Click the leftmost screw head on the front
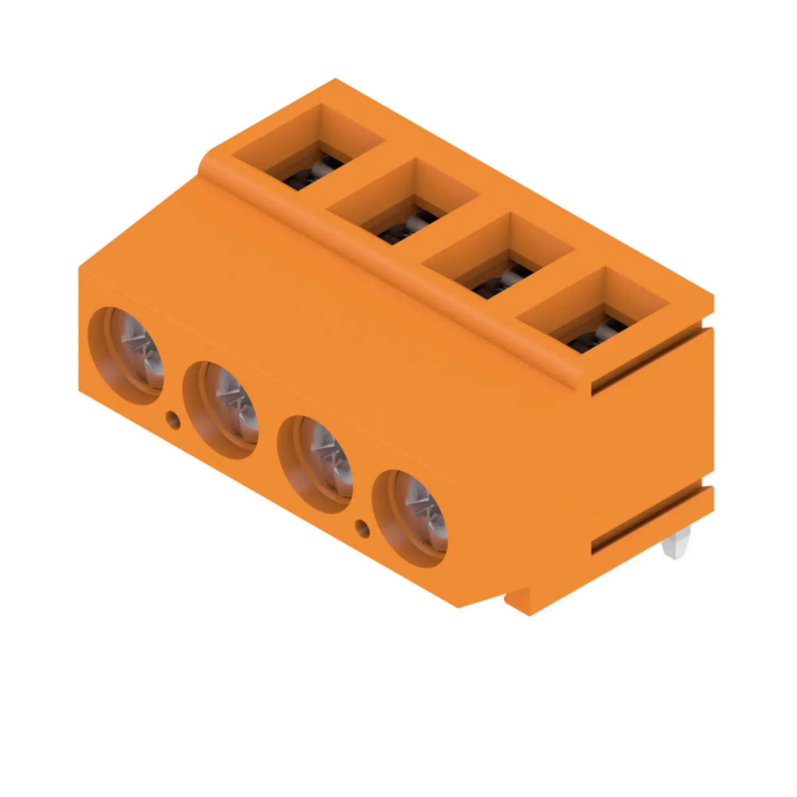tap(136, 357)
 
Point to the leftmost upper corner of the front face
tap(79, 267)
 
